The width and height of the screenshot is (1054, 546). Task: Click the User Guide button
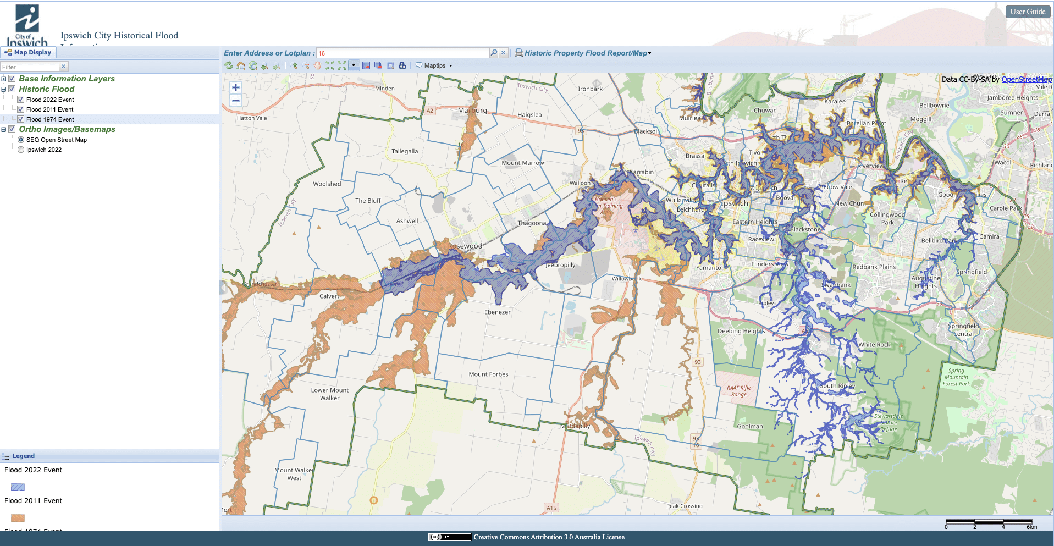(x=1027, y=12)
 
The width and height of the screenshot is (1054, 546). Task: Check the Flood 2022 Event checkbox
(x=21, y=100)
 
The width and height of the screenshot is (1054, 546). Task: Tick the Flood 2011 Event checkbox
(x=21, y=109)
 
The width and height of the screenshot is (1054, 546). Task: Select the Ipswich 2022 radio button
(x=21, y=150)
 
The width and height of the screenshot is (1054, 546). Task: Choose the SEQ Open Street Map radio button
(x=21, y=140)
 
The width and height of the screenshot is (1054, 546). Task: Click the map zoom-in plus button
(x=236, y=87)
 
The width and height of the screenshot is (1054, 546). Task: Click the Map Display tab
(x=28, y=53)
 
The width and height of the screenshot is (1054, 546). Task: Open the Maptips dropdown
(x=434, y=65)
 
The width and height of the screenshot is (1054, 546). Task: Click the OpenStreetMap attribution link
(x=1026, y=79)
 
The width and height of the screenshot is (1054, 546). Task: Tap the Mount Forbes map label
(x=488, y=374)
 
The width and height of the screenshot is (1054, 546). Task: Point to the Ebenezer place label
(x=497, y=312)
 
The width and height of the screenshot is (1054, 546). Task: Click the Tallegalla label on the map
(x=405, y=151)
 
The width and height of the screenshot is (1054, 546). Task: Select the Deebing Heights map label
(x=741, y=331)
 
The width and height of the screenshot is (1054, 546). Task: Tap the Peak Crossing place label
(x=684, y=506)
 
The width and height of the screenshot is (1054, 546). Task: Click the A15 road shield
(x=551, y=508)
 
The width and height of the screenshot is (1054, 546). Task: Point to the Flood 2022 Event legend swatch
(x=18, y=487)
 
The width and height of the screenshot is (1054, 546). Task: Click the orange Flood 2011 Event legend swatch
(x=18, y=518)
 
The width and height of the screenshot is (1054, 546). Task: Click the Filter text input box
(x=30, y=67)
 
